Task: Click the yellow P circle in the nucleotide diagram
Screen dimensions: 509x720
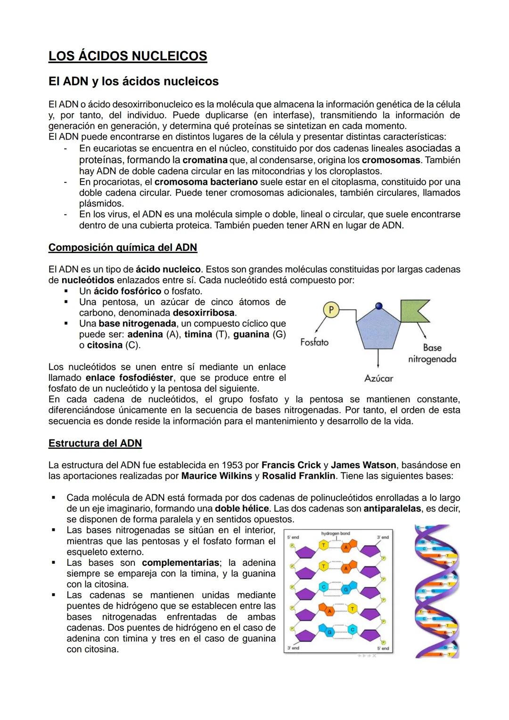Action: pyautogui.click(x=331, y=310)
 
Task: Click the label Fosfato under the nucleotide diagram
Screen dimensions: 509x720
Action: pyautogui.click(x=314, y=342)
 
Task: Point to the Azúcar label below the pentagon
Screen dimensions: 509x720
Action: pyautogui.click(x=378, y=378)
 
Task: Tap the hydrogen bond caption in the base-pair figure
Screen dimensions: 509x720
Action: pyautogui.click(x=336, y=534)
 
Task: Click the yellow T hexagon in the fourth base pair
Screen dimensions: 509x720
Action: pyautogui.click(x=353, y=610)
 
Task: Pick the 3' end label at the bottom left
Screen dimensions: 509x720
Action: pyautogui.click(x=293, y=648)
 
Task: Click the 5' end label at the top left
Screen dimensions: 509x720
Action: pyautogui.click(x=293, y=538)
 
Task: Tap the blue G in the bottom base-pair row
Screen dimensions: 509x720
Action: pyautogui.click(x=330, y=631)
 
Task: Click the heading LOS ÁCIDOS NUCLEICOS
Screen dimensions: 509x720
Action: pyautogui.click(x=128, y=56)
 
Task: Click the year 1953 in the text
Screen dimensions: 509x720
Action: pyautogui.click(x=232, y=465)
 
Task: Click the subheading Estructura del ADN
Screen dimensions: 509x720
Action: pyautogui.click(x=95, y=443)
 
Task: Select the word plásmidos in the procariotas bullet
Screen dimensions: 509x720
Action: pyautogui.click(x=101, y=204)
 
